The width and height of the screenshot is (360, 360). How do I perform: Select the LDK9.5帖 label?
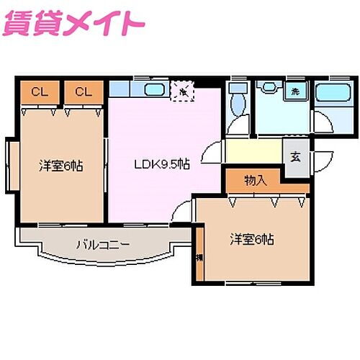click(162, 164)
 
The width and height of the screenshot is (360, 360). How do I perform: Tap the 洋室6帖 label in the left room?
click(60, 166)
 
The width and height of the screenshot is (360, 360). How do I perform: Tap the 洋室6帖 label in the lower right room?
click(251, 238)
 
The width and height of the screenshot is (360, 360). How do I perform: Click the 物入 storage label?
click(256, 181)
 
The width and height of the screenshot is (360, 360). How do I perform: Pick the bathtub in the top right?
click(332, 94)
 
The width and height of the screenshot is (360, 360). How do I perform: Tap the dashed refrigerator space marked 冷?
click(183, 91)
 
